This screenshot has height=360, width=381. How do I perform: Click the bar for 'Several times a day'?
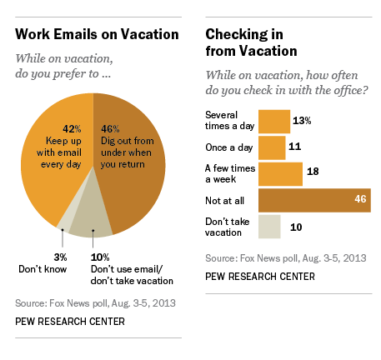tap(273, 121)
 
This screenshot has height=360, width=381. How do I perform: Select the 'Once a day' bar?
tap(271, 147)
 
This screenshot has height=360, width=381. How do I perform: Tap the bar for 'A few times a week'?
tap(279, 173)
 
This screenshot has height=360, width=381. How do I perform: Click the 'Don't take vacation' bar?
tap(269, 227)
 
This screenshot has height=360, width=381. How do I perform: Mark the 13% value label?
tap(302, 121)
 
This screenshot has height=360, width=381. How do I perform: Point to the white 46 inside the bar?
tap(359, 200)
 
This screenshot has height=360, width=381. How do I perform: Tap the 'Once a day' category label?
tap(228, 147)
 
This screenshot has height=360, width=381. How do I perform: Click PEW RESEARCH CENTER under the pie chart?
tap(69, 321)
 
